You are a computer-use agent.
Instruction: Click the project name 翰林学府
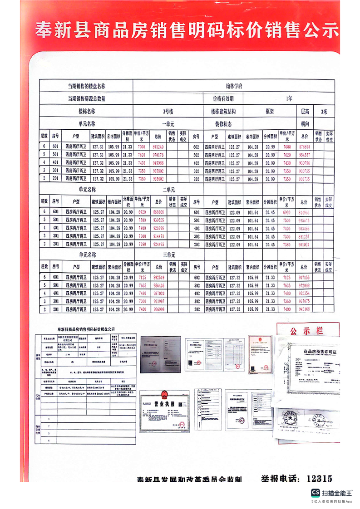[234, 86]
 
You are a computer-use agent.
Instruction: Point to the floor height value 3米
[323, 111]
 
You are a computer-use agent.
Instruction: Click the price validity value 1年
[289, 98]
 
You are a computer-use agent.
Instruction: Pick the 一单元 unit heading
[168, 123]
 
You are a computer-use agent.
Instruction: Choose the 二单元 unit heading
[168, 189]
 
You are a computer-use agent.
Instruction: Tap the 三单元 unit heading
[168, 255]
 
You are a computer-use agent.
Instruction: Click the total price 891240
[158, 147]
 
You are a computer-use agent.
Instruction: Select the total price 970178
[158, 155]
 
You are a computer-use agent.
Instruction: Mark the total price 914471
[158, 236]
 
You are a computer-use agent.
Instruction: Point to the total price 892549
[158, 277]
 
